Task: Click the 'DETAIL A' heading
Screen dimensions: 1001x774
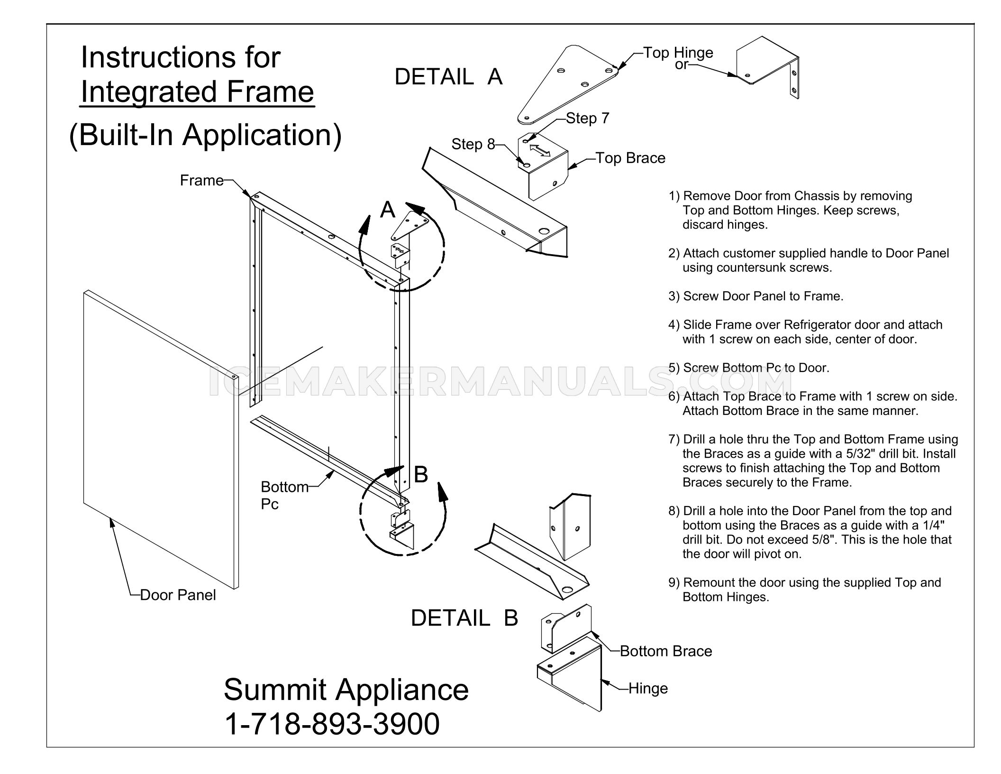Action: pos(448,77)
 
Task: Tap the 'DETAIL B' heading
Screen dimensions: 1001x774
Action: pos(464,618)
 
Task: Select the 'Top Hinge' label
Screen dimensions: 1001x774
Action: pos(678,53)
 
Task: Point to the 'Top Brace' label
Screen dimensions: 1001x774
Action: pos(630,158)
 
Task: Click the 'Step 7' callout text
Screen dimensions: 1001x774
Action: pos(588,119)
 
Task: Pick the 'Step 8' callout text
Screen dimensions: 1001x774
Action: pos(473,144)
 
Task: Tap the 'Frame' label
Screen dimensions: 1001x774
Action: pos(201,180)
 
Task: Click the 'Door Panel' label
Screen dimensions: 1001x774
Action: pos(178,595)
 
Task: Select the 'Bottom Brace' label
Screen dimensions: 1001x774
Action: pos(666,651)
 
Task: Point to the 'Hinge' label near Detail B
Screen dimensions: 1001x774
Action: pos(648,688)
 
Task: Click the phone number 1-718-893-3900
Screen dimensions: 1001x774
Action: pos(332,724)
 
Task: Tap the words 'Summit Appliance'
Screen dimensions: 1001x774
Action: pos(346,691)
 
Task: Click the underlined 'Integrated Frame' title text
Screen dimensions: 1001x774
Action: pos(197,92)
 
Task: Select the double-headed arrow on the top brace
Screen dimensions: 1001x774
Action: pos(540,151)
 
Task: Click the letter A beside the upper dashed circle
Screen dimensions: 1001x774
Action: pos(388,209)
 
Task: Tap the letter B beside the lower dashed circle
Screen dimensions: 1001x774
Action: pos(421,474)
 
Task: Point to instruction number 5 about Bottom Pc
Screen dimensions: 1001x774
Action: pos(749,368)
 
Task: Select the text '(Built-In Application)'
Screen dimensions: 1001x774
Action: pos(205,135)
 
